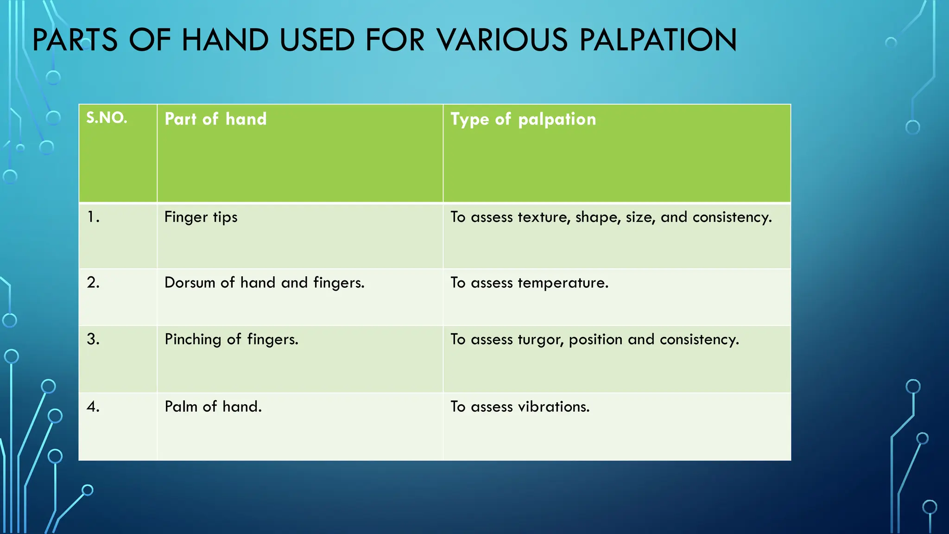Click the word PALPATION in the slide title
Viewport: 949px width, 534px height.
pos(658,40)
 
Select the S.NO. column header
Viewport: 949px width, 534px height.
pos(107,118)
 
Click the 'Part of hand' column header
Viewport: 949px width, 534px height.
pos(215,119)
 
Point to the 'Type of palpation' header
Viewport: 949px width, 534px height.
pos(523,120)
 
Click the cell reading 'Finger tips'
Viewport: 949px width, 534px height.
pos(201,217)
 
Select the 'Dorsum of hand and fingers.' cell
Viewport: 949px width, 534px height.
pos(264,283)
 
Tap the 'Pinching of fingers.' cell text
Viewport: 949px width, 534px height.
pos(231,339)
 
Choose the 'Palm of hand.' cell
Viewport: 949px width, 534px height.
pos(213,407)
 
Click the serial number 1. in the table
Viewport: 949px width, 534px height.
pos(93,217)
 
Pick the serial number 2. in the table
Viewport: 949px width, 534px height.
pos(93,282)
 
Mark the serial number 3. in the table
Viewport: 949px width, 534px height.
pos(93,339)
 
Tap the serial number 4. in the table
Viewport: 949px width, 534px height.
pos(93,407)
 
